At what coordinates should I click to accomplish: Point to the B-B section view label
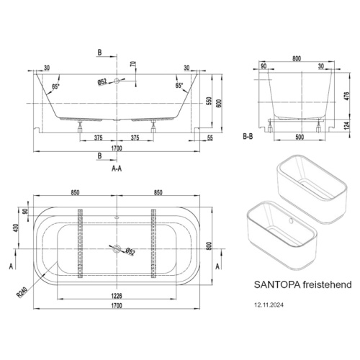(248, 135)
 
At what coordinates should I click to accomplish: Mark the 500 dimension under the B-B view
(297, 135)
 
